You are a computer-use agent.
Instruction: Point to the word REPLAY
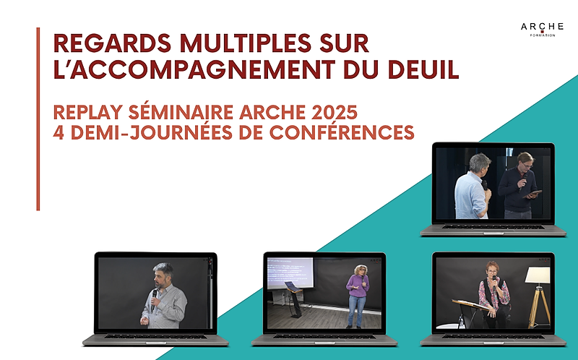coord(87,112)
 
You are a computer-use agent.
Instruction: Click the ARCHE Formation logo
coord(542,30)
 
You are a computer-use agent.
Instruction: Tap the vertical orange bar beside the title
coord(38,119)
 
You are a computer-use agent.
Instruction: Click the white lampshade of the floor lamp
coord(537,275)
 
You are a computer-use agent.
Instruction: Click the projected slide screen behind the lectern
coord(290,273)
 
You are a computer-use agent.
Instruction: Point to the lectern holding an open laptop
coord(294,299)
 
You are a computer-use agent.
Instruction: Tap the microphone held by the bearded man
coord(154,299)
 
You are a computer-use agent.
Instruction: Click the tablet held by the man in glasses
coord(532,194)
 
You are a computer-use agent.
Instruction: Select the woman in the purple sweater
coord(357,296)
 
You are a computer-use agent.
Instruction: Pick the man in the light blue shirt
coord(472,187)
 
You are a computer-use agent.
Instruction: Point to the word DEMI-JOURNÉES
coord(151,132)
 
